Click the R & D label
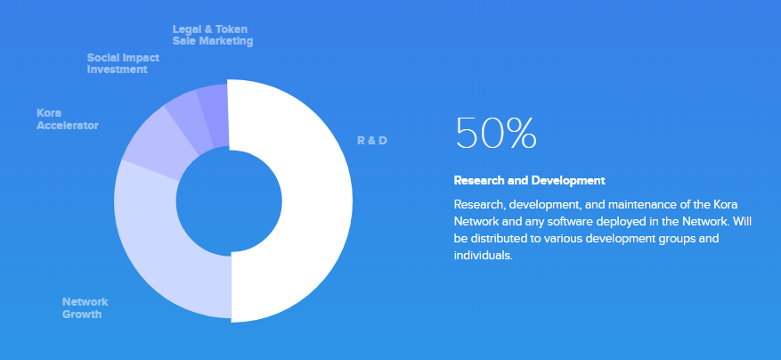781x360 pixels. [372, 141]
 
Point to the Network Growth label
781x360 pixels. [85, 308]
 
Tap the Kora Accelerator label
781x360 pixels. [68, 119]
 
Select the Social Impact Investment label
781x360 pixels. [123, 63]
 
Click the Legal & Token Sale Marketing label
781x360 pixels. [213, 35]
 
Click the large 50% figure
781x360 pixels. [496, 133]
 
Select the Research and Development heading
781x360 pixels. [530, 181]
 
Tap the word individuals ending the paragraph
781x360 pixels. [484, 256]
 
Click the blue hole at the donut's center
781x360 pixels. [229, 202]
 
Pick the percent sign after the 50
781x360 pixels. [519, 133]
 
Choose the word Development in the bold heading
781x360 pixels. [568, 181]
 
